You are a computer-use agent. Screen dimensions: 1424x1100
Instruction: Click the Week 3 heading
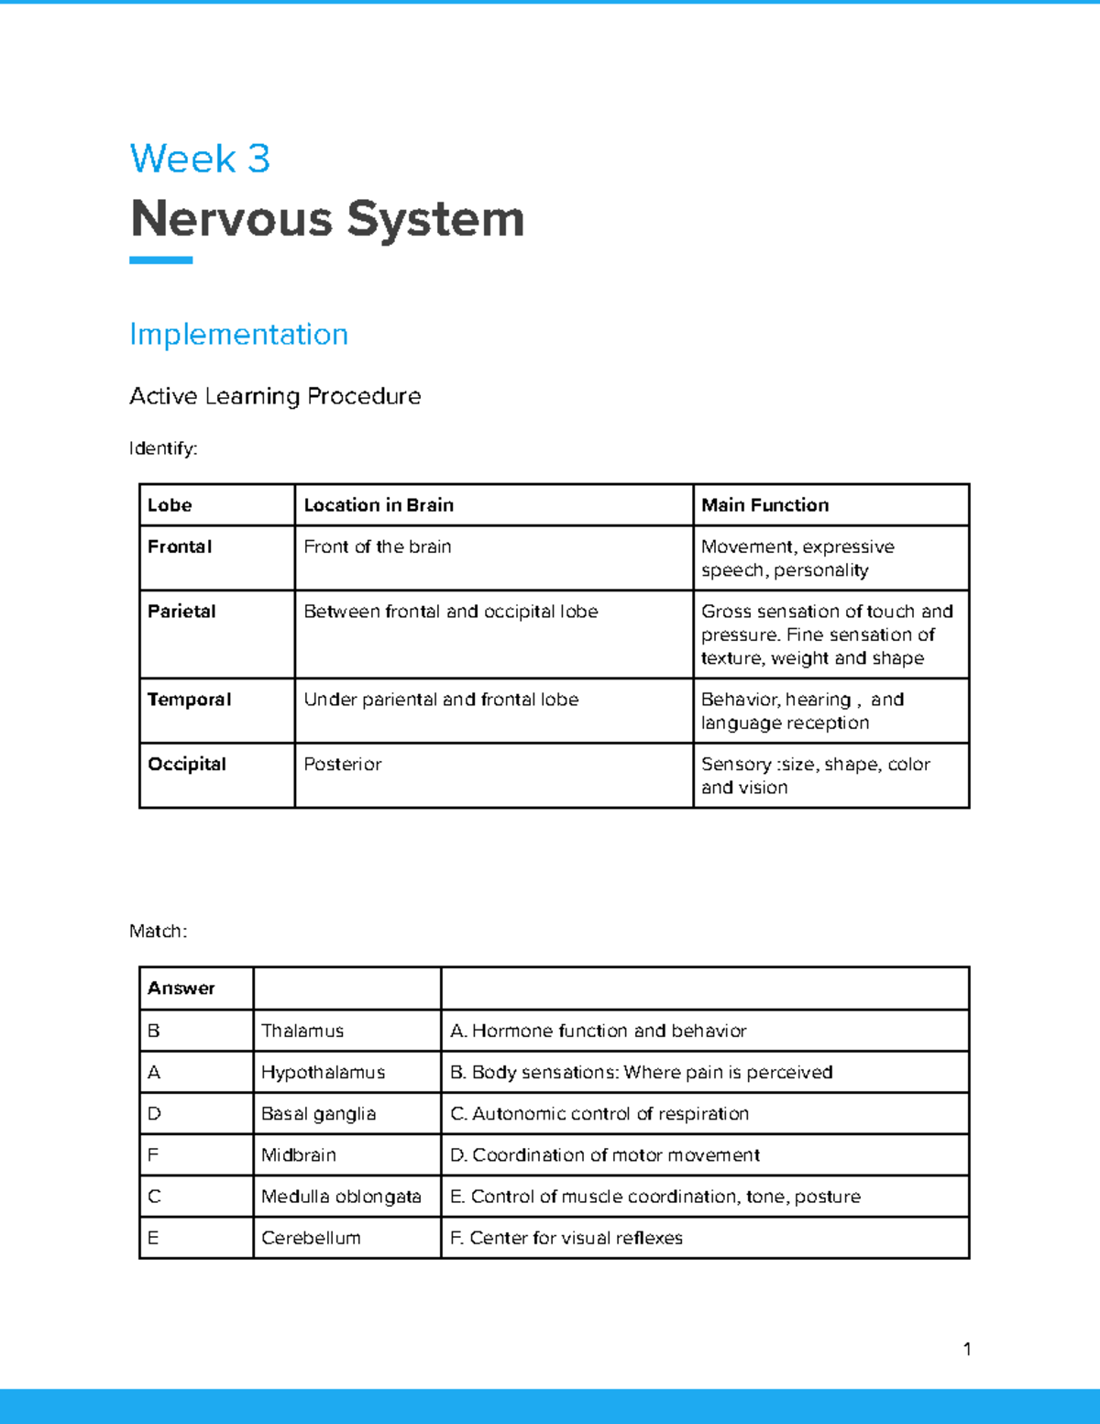(200, 159)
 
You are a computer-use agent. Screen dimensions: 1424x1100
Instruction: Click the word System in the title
(435, 219)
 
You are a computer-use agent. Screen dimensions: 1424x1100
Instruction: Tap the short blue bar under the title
(160, 260)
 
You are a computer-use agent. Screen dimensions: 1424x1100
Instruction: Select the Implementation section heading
(238, 334)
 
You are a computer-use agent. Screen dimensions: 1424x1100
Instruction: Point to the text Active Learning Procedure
(275, 396)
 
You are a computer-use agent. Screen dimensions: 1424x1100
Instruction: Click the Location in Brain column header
(379, 505)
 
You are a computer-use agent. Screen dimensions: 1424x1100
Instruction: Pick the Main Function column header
(764, 505)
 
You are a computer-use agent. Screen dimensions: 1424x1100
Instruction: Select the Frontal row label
(180, 546)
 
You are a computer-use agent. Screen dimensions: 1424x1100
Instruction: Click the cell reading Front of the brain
(378, 546)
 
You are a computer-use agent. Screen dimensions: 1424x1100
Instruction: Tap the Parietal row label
(181, 612)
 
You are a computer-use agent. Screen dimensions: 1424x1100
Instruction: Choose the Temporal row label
(189, 700)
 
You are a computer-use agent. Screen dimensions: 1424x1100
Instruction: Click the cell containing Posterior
(343, 764)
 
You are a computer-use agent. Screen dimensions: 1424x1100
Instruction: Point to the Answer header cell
(181, 988)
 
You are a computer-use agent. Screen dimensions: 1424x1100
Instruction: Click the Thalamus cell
(302, 1031)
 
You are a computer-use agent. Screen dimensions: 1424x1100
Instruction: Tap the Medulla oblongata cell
(341, 1197)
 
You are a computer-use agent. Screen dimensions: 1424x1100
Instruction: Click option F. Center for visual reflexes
(566, 1238)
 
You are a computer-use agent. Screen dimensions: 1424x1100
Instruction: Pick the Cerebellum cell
(311, 1238)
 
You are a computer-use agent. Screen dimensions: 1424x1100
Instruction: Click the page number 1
(967, 1349)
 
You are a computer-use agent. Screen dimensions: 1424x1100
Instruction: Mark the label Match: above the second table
(158, 932)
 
